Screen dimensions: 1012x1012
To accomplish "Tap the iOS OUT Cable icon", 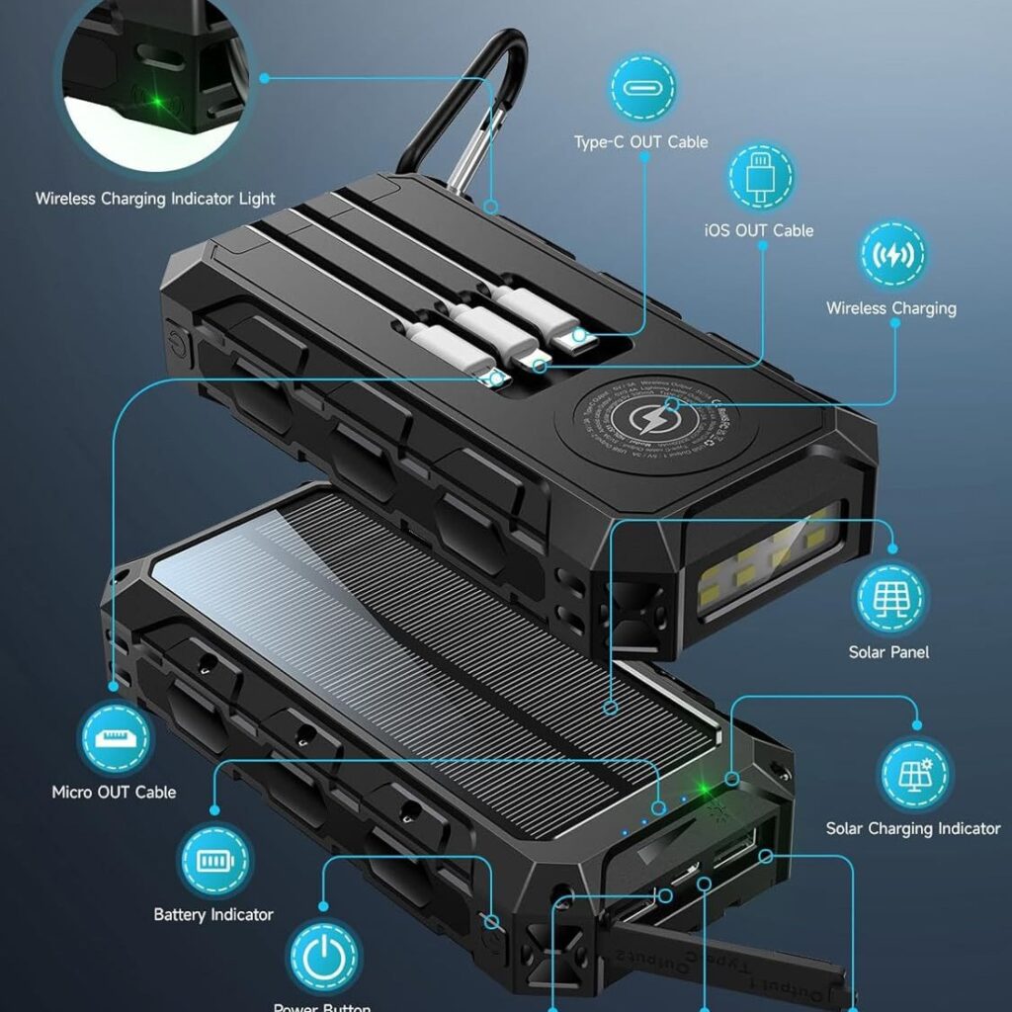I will click(x=762, y=177).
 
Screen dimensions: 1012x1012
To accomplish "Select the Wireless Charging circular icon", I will click(x=892, y=255).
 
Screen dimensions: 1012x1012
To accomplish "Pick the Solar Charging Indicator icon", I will click(x=914, y=775).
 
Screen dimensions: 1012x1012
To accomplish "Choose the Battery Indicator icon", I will click(x=213, y=861).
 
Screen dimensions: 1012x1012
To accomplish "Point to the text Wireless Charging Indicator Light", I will click(x=155, y=199).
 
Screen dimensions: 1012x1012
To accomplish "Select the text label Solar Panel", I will click(x=888, y=652).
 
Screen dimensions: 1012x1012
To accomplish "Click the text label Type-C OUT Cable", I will click(x=640, y=142).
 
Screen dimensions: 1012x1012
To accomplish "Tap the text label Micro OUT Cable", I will click(x=114, y=792).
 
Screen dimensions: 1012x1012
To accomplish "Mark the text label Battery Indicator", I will click(x=213, y=914).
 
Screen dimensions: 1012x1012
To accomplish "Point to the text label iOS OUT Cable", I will click(x=759, y=230).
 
